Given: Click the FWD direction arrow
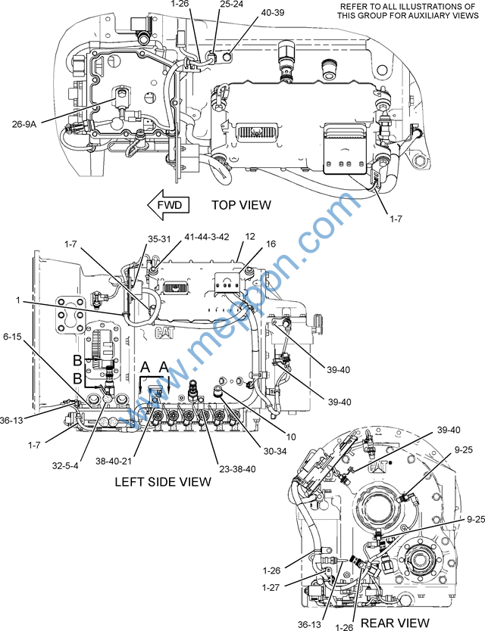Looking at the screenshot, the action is point(168,205).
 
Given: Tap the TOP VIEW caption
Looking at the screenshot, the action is point(242,205).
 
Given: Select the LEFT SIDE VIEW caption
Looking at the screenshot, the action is point(163,481).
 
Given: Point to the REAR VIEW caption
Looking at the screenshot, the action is point(395,623).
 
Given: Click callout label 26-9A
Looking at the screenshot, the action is point(24,124).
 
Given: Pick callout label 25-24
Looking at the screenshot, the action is point(232,4).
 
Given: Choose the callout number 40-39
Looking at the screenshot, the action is point(273,12).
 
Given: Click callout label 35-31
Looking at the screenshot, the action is point(159,238).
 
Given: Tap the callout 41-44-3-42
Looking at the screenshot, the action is point(206,237).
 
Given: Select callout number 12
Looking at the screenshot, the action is point(250,236).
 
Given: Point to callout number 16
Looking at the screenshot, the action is point(271,244).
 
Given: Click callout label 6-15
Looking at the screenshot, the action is point(12,336).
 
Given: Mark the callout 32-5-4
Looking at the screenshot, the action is point(65,466).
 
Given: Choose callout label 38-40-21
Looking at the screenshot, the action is point(114,462).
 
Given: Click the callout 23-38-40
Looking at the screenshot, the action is point(237,469).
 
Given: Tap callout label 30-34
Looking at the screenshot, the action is point(275,452).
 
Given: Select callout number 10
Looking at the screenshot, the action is point(291,437).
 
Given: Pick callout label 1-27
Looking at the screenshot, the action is point(271,588).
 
